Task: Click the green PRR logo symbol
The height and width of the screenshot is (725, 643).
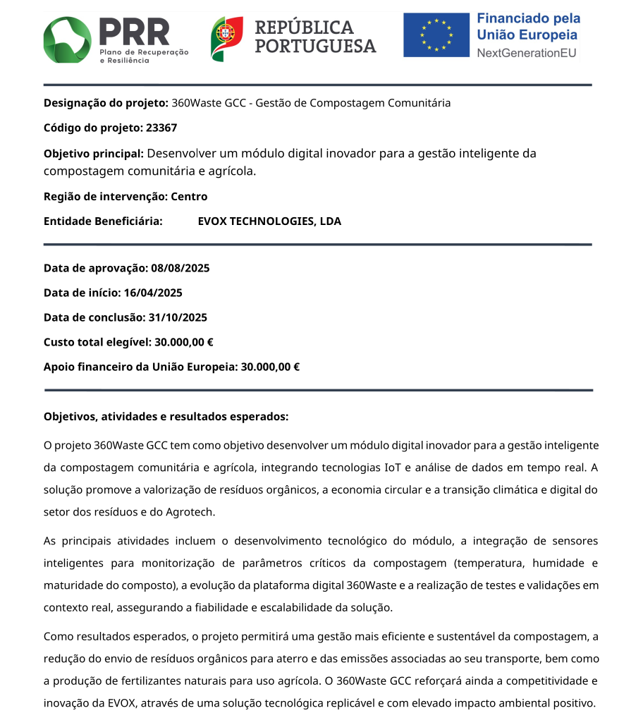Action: [68, 39]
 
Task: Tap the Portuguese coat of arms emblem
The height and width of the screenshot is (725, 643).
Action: [227, 39]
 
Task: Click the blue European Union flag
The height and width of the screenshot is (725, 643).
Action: [436, 35]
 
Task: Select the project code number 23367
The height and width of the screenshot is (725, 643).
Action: [161, 128]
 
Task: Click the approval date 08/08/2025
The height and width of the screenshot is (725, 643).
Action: [180, 268]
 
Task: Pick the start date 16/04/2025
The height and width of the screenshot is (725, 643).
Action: [153, 293]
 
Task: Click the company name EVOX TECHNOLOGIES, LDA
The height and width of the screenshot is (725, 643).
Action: [269, 221]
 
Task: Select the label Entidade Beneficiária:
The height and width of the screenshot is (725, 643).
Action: [103, 221]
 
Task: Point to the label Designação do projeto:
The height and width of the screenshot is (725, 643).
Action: [106, 103]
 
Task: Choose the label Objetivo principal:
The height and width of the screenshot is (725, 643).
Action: [94, 154]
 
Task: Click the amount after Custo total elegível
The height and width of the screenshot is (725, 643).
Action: [184, 342]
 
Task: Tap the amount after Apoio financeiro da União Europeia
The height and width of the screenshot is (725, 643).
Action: [271, 367]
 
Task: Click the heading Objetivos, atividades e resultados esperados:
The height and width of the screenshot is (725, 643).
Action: [166, 417]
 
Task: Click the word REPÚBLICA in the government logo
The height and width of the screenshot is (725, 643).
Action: [304, 28]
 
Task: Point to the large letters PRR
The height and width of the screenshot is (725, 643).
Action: [134, 32]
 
